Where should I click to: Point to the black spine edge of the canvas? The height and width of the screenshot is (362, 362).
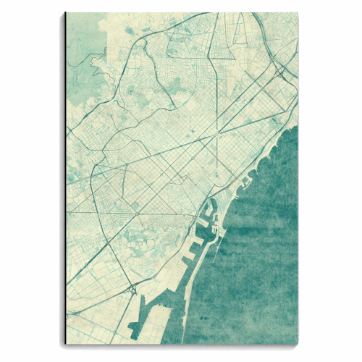tap(65, 181)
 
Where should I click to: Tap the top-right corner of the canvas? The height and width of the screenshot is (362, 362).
tap(297, 13)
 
